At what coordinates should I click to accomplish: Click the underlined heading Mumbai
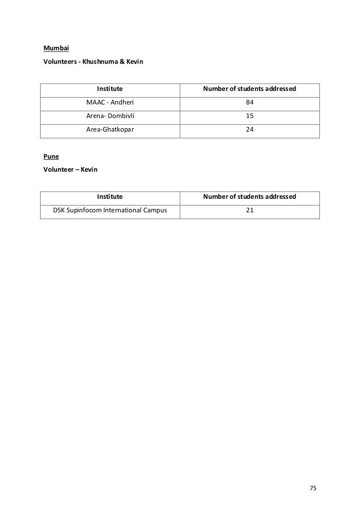[x=56, y=47]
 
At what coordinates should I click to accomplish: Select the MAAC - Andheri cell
[x=110, y=102]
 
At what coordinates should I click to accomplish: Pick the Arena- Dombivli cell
[x=110, y=116]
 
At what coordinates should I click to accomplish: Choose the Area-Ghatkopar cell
[x=110, y=130]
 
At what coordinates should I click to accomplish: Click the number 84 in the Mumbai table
[x=249, y=102]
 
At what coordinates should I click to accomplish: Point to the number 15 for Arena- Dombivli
[x=249, y=116]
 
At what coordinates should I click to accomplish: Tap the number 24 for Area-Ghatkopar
[x=249, y=130]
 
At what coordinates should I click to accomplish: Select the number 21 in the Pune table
[x=249, y=211]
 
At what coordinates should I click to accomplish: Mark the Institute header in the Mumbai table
[x=110, y=89]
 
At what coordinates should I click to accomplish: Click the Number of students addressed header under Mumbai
[x=249, y=89]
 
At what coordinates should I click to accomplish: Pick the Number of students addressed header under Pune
[x=249, y=197]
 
